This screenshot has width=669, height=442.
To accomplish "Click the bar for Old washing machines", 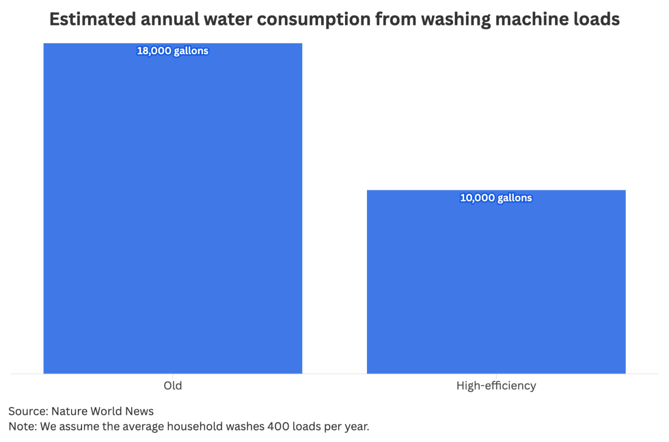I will click(172, 209).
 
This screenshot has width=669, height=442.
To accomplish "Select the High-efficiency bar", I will click(496, 282).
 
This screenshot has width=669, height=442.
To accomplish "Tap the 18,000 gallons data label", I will click(172, 51).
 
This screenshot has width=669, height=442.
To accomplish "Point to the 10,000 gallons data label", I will click(496, 198).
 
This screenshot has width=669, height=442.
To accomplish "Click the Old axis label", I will click(172, 386).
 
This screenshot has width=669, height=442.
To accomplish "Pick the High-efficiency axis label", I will click(496, 386).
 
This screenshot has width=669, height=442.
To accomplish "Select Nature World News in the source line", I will click(102, 411).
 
